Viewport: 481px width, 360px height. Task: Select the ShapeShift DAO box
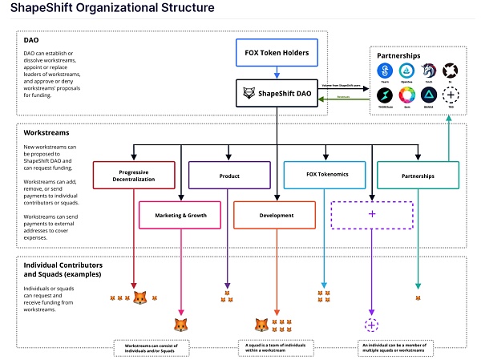point(277,94)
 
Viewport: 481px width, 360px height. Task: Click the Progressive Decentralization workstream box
point(133,176)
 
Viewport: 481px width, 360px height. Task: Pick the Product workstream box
point(228,176)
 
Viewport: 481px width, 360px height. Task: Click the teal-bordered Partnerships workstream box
point(418,176)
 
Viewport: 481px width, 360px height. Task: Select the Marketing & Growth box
point(180,214)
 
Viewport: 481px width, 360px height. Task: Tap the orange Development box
point(276,214)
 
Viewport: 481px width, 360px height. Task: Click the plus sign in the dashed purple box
point(371,214)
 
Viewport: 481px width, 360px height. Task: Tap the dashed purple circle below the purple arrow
point(371,325)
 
